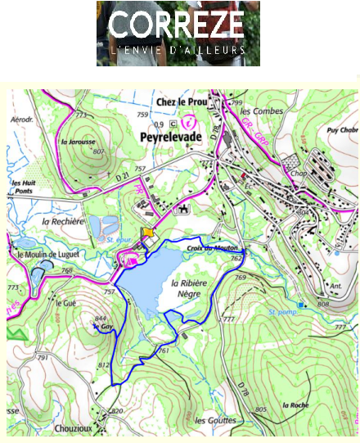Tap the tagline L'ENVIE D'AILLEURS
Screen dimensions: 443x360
pyautogui.click(x=178, y=51)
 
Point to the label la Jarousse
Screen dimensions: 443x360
pyautogui.click(x=75, y=141)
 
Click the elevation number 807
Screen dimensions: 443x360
pyautogui.click(x=99, y=151)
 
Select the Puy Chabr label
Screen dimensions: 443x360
pyautogui.click(x=343, y=129)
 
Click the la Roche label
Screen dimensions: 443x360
pyautogui.click(x=294, y=405)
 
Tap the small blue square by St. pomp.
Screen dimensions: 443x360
pyautogui.click(x=301, y=305)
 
